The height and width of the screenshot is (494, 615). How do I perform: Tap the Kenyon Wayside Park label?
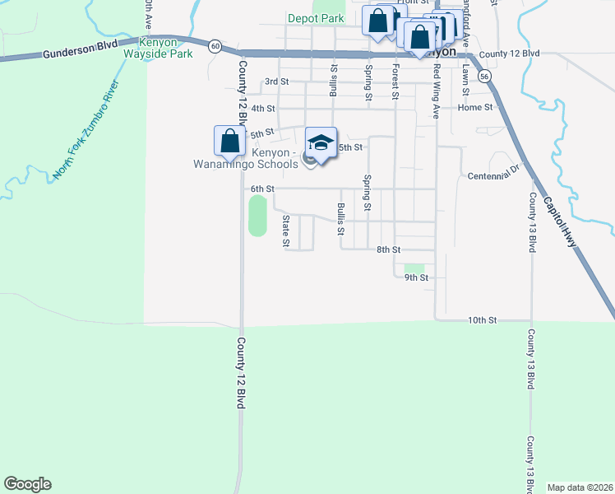[157, 48]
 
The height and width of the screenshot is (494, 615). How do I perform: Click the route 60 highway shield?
[215, 46]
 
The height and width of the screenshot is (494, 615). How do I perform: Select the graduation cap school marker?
[321, 142]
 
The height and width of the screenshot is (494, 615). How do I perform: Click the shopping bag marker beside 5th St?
[229, 141]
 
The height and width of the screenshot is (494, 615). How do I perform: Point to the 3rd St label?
[276, 82]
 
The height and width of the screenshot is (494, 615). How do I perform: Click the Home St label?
[475, 107]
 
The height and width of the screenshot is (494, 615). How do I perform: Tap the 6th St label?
[262, 189]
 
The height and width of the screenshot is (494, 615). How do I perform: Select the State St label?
[286, 231]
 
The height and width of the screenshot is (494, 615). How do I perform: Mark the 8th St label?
[388, 249]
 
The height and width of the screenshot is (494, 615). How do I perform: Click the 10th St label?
[483, 319]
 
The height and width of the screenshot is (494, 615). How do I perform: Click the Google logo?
[27, 484]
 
